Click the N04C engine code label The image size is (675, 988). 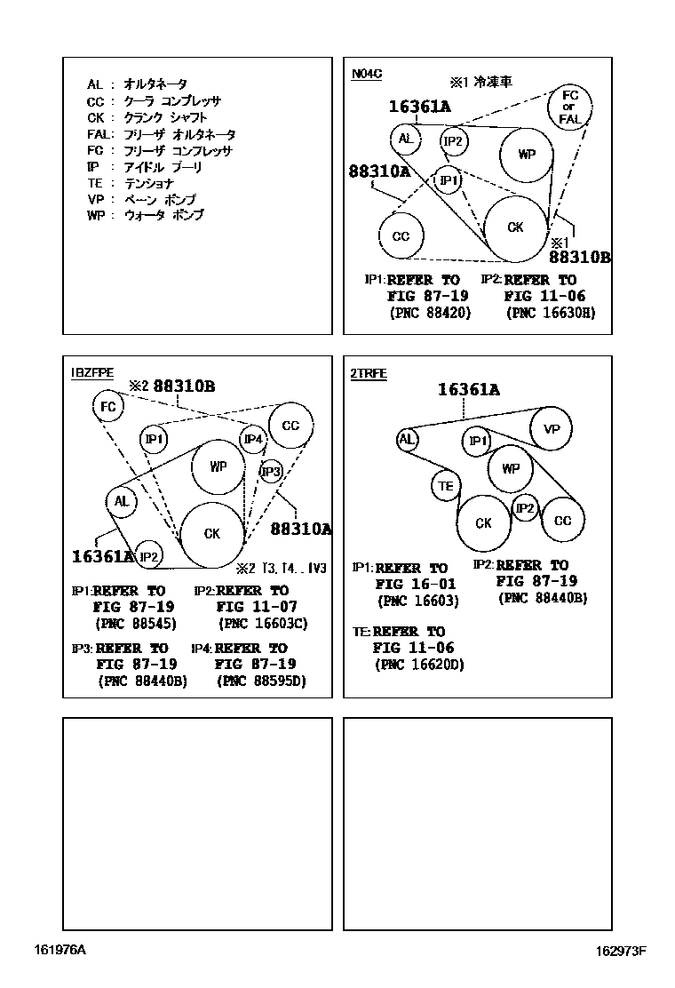[x=366, y=74]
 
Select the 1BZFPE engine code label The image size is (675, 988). [x=92, y=373]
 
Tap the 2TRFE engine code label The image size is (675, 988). [x=369, y=373]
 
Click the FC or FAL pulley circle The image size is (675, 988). [x=570, y=106]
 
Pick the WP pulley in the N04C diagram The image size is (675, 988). [x=527, y=155]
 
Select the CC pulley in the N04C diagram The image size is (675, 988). [x=401, y=236]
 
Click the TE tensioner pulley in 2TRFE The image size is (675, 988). [x=446, y=485]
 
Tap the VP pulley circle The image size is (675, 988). [x=552, y=429]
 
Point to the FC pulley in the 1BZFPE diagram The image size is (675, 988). [x=107, y=407]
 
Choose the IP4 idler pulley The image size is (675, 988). [x=253, y=439]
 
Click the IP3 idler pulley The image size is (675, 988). [x=271, y=472]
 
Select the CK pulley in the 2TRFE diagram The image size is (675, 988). [x=483, y=523]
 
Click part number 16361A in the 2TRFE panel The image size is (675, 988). [x=468, y=389]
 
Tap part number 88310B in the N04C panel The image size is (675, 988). [x=579, y=258]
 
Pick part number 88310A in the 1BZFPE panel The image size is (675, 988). [x=300, y=529]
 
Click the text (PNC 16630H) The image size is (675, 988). [x=550, y=313]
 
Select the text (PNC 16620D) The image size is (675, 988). [x=418, y=664]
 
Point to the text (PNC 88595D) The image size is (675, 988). [x=261, y=681]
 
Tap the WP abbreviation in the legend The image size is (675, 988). [x=96, y=215]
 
